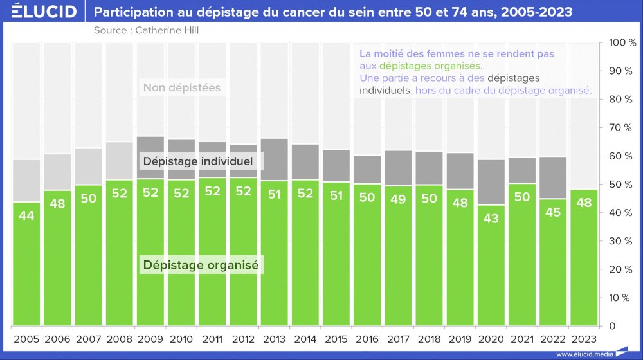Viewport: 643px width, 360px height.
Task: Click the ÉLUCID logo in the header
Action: point(40,12)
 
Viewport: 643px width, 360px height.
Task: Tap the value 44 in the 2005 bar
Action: point(26,216)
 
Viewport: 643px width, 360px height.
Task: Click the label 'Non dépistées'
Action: point(181,88)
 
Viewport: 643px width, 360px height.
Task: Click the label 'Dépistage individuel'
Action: point(198,161)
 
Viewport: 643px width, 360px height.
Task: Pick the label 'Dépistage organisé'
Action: point(200,264)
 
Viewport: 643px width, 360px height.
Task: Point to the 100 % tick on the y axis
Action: point(622,43)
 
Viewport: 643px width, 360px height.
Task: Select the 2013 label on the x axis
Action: point(275,339)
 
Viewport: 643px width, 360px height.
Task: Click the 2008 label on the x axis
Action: point(120,339)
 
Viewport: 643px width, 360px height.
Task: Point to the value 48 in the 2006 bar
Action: point(57,204)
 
